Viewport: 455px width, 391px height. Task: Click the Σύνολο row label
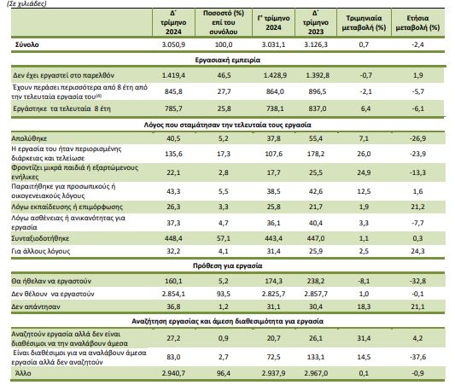coord(27,44)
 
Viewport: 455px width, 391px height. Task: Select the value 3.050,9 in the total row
coord(173,44)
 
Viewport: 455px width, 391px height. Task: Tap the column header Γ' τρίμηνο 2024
coord(273,23)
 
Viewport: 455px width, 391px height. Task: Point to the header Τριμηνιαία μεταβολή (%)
coord(364,23)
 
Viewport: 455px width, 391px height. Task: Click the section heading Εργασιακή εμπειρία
coord(227,60)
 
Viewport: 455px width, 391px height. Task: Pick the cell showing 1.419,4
coord(173,75)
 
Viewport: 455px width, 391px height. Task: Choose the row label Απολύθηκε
coord(29,138)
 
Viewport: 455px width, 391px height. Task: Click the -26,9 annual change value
coord(417,138)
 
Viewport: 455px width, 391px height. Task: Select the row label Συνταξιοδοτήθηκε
coord(40,238)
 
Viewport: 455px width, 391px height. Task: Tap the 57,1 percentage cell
coord(224,238)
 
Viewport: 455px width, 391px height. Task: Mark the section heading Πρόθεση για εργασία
coord(227,266)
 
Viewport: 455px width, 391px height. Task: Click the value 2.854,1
coord(173,294)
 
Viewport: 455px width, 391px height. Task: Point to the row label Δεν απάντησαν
coord(36,306)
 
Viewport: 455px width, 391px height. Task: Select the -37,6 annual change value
coord(417,357)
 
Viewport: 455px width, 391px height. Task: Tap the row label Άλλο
coord(23,373)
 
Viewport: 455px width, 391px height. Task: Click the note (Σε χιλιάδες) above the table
coord(26,3)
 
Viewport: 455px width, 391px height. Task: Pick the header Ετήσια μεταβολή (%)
coord(417,23)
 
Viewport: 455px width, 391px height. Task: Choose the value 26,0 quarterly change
coord(364,154)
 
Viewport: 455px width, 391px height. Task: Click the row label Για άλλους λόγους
coord(41,251)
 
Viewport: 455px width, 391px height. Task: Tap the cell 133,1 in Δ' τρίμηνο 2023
coord(316,357)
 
